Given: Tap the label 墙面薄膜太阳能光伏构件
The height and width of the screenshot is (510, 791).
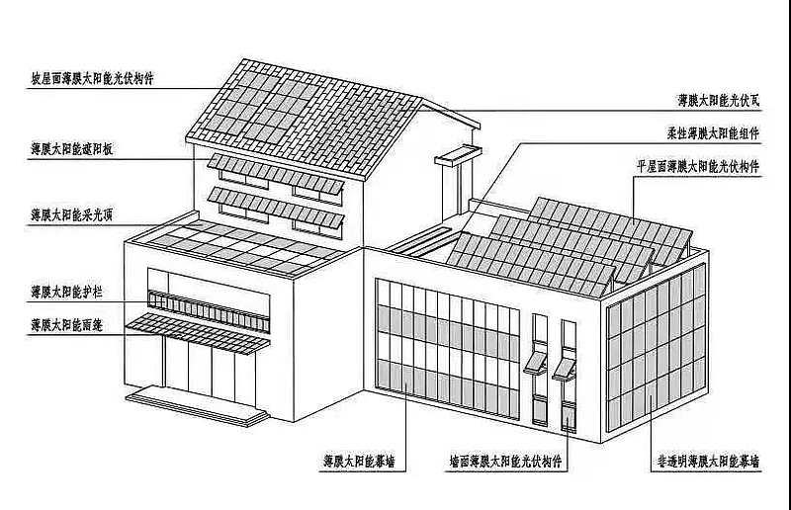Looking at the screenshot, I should pyautogui.click(x=504, y=461).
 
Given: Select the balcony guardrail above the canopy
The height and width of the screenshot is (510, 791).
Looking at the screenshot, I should pyautogui.click(x=208, y=305).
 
